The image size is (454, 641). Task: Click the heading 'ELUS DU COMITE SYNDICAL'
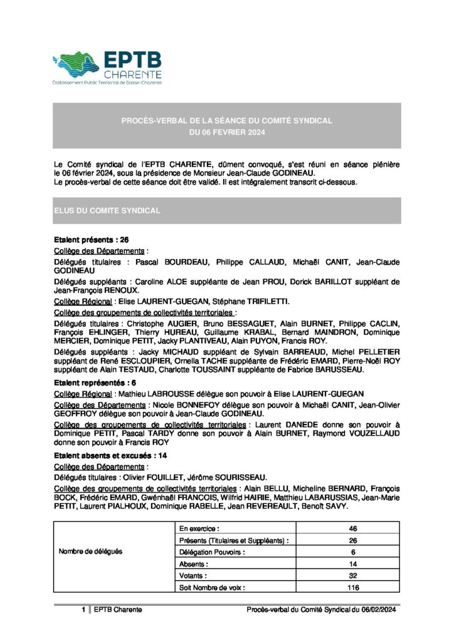(x=107, y=211)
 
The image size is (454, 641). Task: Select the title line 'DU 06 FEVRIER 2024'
(x=227, y=132)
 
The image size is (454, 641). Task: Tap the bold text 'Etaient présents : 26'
(x=92, y=240)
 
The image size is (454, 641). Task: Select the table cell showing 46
(x=352, y=529)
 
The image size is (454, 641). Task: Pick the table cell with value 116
(x=352, y=588)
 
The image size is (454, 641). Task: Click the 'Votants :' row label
(x=194, y=576)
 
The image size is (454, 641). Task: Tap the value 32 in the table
(x=352, y=576)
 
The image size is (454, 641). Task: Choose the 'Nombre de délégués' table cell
(x=90, y=552)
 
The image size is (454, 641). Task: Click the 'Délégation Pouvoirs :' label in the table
(x=213, y=552)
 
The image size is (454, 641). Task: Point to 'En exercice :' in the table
(x=199, y=529)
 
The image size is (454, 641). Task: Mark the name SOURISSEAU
(x=243, y=477)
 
